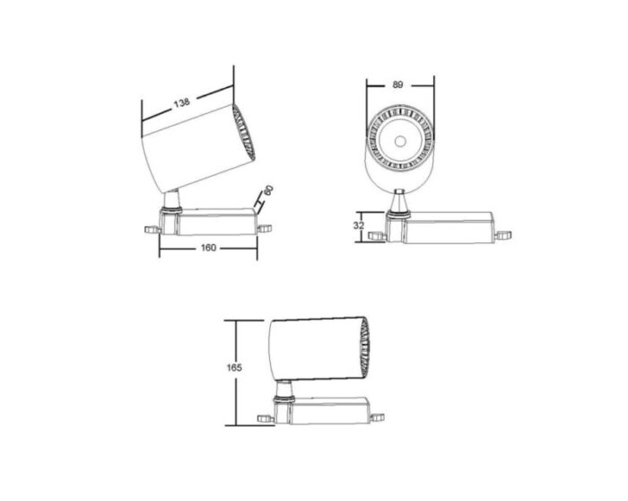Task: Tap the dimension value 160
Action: point(209,249)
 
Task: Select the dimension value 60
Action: point(267,191)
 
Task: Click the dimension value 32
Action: point(358,225)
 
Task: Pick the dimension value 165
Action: point(231,367)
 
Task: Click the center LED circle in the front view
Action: point(398,140)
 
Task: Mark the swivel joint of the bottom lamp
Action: point(284,391)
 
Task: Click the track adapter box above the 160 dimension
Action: point(215,222)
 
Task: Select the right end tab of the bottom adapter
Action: point(377,415)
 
